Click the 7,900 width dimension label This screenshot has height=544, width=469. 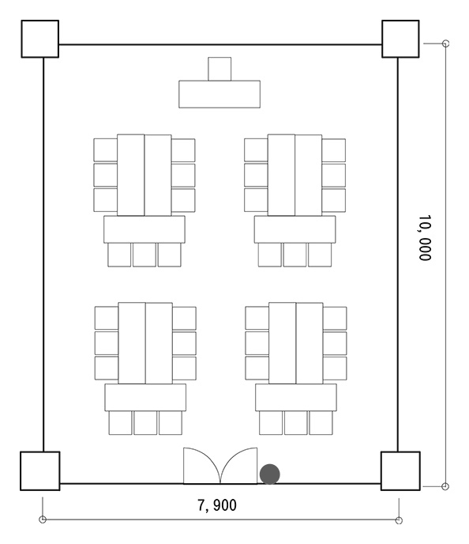coord(217,505)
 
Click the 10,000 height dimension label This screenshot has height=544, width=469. coord(425,238)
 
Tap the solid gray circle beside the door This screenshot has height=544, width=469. coord(270,474)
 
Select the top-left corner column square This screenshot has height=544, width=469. coord(39,39)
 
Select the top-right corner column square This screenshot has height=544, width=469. coord(400,39)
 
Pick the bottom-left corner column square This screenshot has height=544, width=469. coord(40,470)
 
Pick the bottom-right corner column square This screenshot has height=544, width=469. coord(400,470)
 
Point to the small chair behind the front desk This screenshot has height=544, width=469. coord(219,69)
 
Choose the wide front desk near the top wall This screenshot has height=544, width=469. coord(219,94)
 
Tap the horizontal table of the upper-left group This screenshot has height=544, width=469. coord(144,229)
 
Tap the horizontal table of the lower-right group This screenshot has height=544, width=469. coord(296,397)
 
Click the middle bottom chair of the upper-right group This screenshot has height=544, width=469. coord(295,255)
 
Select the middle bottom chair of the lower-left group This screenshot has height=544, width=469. coord(145,422)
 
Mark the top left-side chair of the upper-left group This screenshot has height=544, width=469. coord(105,150)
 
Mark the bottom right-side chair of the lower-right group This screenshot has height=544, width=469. coord(335,368)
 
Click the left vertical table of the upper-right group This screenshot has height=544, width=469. coord(281,175)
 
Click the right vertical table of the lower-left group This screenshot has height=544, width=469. coord(159,343)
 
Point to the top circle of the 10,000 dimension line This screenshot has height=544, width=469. coord(446,43)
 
